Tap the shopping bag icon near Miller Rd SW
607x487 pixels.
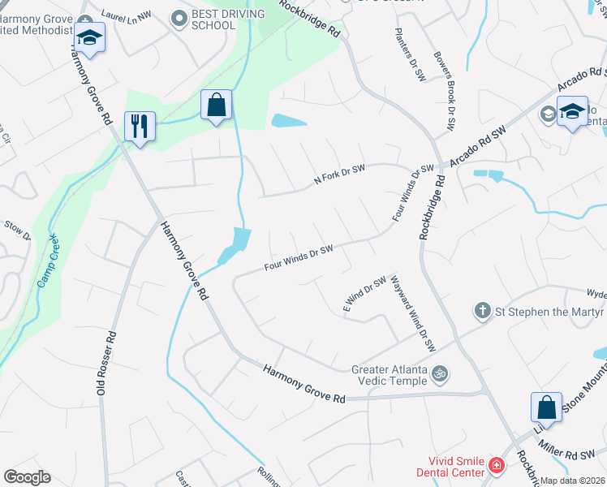click(x=547, y=407)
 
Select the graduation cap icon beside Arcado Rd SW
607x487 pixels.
click(x=572, y=112)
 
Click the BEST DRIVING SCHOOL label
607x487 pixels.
click(x=228, y=19)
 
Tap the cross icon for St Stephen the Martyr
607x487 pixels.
click(x=482, y=311)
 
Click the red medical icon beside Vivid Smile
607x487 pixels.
click(x=495, y=467)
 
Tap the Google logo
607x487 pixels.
click(x=27, y=477)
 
